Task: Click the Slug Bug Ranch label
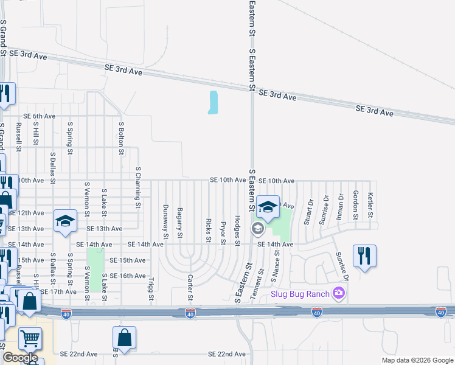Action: click(x=300, y=294)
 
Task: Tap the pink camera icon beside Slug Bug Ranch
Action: click(x=339, y=294)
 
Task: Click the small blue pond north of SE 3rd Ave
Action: click(x=212, y=102)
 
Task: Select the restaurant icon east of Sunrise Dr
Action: click(x=364, y=255)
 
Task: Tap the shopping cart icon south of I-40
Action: click(x=30, y=338)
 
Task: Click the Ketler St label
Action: click(x=370, y=204)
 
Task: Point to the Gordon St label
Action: click(x=355, y=204)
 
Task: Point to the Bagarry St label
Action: click(x=180, y=222)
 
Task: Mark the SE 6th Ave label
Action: click(x=40, y=116)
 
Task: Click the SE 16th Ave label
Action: click(x=127, y=276)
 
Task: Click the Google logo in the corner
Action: click(x=20, y=358)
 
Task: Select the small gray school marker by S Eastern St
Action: click(x=257, y=229)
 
